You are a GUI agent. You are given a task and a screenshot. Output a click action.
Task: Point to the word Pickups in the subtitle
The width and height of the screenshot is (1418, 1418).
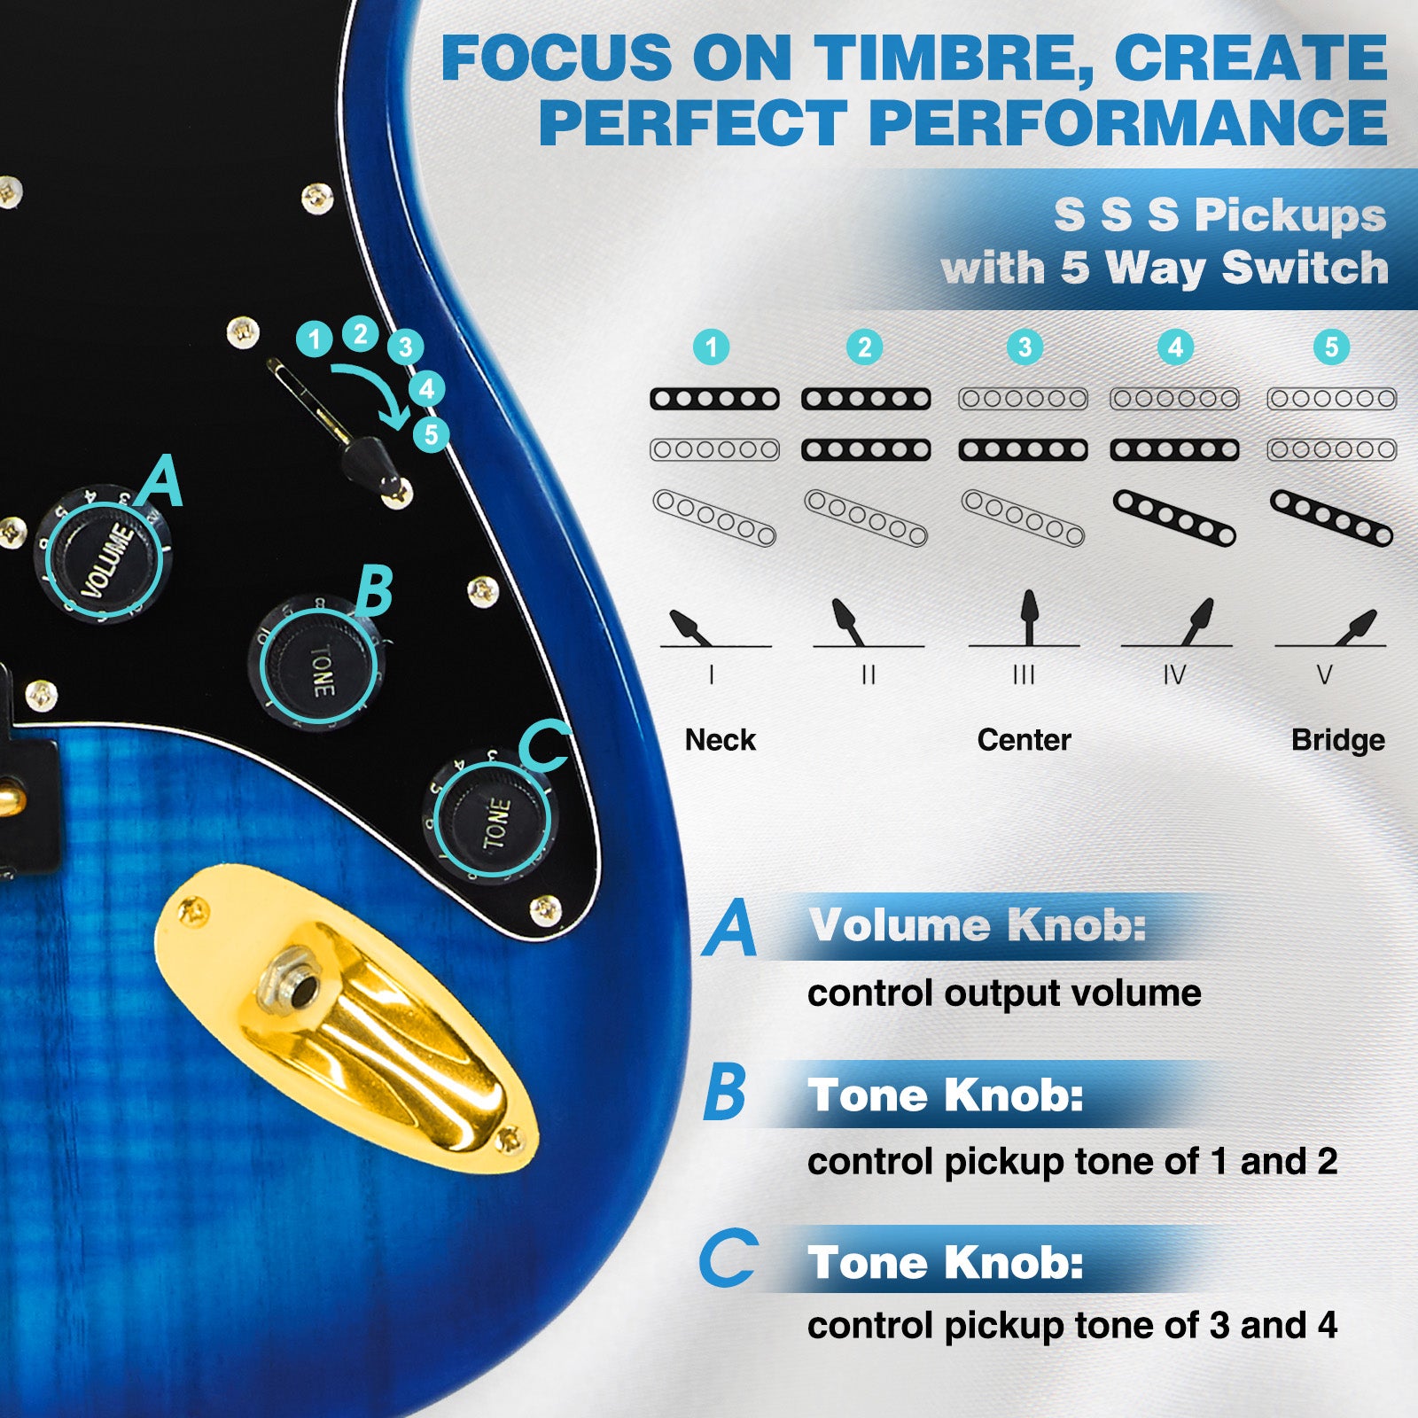click(x=1290, y=216)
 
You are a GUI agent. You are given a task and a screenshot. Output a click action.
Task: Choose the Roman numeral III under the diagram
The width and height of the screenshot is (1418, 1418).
click(x=1024, y=675)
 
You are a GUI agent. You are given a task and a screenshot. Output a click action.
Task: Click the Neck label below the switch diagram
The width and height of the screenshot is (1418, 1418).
click(x=720, y=740)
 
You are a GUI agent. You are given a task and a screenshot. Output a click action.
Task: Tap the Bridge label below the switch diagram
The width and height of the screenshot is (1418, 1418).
click(x=1337, y=740)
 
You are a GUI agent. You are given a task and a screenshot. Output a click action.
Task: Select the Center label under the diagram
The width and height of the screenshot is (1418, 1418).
click(x=1024, y=740)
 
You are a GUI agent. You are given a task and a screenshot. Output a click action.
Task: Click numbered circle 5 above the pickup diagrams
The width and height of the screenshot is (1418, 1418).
click(x=1331, y=347)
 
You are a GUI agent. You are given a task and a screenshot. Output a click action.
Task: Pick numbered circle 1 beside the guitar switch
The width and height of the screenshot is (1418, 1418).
click(x=314, y=339)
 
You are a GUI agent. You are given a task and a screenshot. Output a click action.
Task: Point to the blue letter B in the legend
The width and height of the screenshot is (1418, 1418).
click(x=725, y=1093)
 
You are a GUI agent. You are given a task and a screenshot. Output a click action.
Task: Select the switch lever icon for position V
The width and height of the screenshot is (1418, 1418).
click(x=1356, y=627)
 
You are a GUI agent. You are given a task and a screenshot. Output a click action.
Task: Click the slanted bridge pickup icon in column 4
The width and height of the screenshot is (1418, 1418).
click(x=1174, y=518)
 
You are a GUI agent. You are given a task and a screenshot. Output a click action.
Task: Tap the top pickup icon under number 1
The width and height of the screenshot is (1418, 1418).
click(x=714, y=399)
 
